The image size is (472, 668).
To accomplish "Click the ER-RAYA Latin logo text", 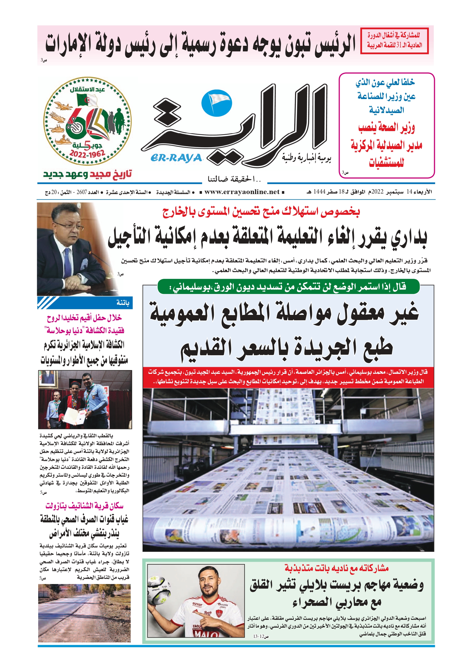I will (176, 158).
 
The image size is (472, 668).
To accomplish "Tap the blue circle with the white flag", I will (217, 103).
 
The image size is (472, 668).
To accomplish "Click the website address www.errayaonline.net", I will (242, 192).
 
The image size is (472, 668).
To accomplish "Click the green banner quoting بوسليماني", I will (288, 287).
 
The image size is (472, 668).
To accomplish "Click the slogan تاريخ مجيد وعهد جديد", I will (87, 174).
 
